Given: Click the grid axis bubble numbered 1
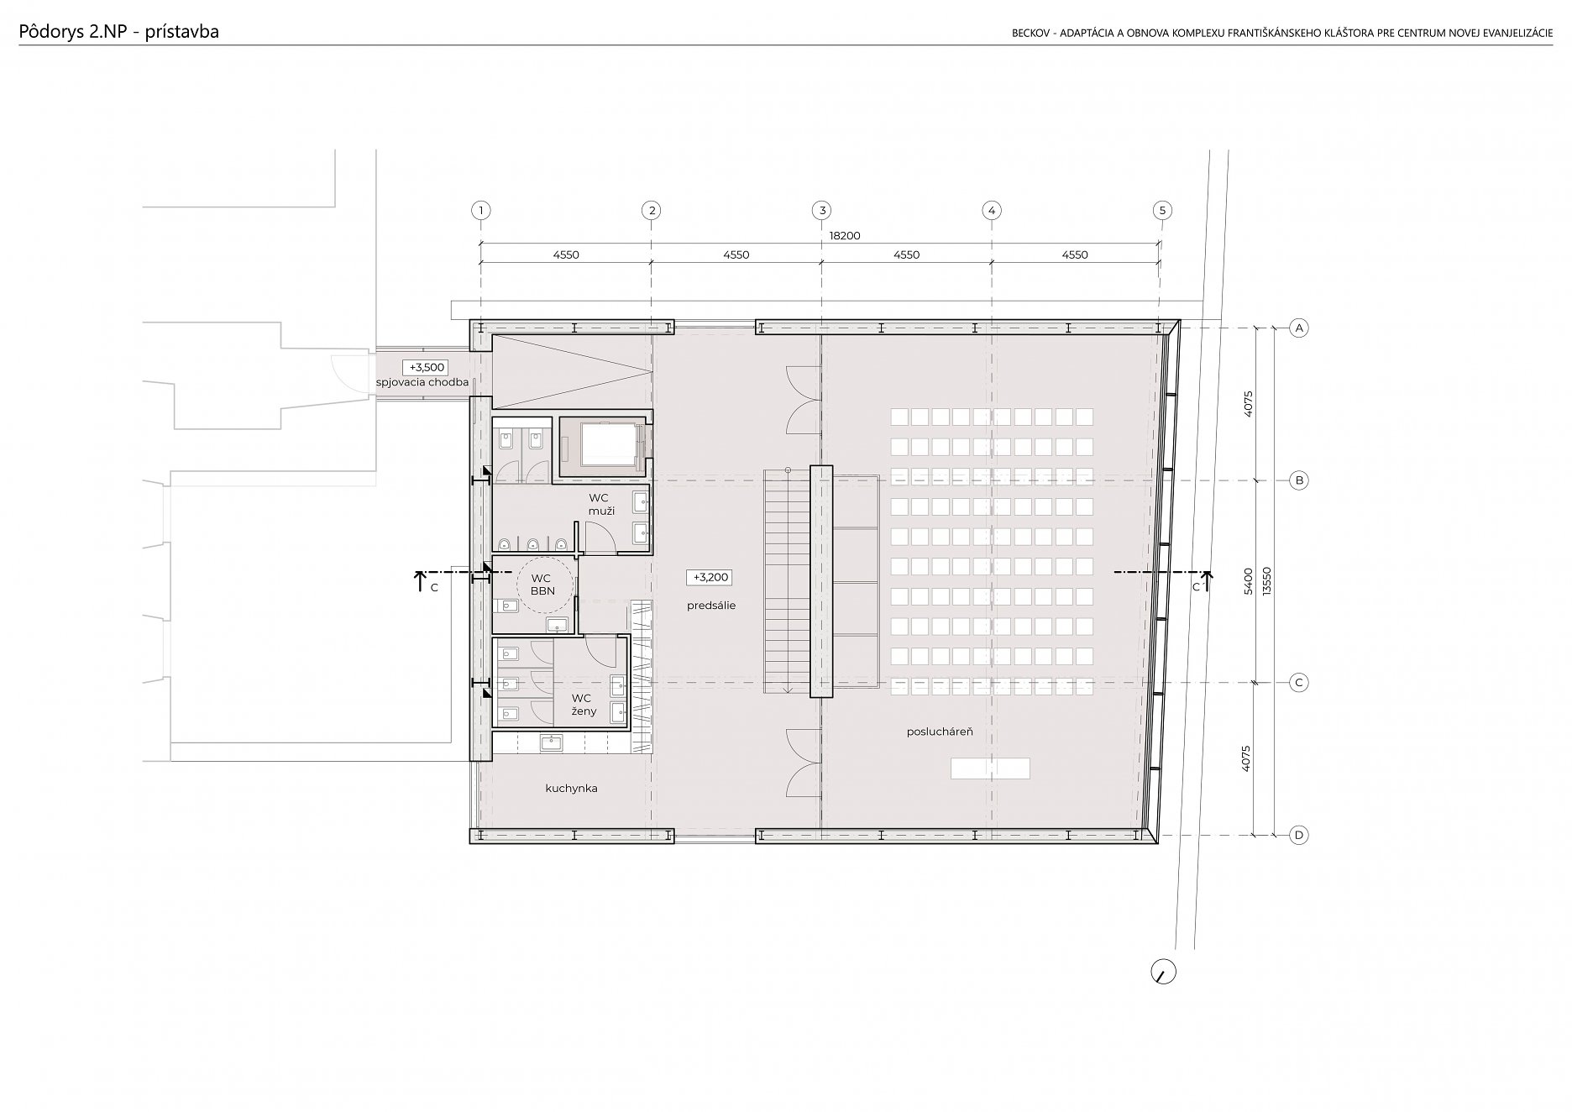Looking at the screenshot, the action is (x=480, y=210).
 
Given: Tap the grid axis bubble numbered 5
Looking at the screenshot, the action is (x=1162, y=210).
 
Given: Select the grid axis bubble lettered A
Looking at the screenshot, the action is (x=1299, y=328).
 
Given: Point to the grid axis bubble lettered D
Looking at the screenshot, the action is (x=1299, y=835).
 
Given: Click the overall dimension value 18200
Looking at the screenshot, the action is (x=845, y=236).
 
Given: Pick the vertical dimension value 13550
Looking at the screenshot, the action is (x=1268, y=580).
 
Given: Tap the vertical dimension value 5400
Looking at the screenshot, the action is (x=1248, y=581).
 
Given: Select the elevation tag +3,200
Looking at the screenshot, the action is (x=710, y=577).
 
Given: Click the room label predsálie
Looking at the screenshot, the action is (x=710, y=606).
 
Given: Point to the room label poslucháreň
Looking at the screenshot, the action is (x=940, y=732).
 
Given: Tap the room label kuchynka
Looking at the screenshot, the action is (x=571, y=789).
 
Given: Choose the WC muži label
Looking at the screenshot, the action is (x=601, y=504).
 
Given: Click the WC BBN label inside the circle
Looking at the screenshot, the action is (x=542, y=585).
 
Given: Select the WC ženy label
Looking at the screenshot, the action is (x=583, y=705).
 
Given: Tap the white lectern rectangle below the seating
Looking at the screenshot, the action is (x=990, y=768).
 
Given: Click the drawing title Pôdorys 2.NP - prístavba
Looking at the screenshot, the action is (x=118, y=32).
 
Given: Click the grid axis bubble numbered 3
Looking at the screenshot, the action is (x=821, y=210).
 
